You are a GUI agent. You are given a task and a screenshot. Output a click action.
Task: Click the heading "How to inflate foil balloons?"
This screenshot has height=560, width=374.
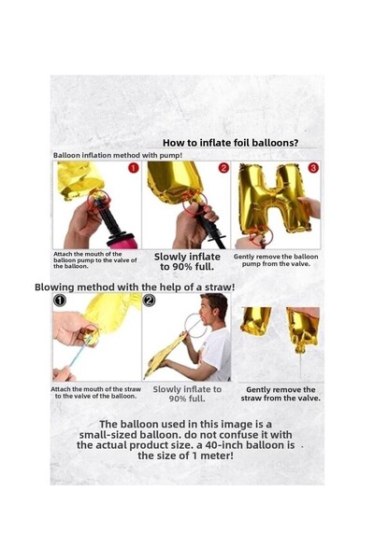coord(231,143)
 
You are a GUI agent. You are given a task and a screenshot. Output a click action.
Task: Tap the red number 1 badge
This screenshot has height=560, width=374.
coord(133,168)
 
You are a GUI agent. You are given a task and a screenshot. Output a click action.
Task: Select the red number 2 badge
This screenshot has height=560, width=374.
coord(223,168)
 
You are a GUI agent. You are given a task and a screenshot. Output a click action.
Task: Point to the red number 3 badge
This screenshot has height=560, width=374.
coord(313,168)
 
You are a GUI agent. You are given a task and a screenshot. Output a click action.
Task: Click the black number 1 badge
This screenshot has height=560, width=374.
coord(60,301)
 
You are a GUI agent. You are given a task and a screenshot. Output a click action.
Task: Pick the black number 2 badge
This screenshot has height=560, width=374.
coord(149,301)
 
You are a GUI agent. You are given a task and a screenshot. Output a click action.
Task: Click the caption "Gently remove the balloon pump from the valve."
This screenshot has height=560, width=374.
coord(276,260)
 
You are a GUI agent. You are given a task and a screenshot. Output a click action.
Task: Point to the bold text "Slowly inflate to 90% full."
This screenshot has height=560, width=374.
coord(187,261)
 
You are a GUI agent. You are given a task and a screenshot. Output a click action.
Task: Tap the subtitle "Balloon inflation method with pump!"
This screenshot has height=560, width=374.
coord(118,155)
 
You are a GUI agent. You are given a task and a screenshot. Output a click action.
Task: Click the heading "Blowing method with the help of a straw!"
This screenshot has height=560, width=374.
coord(135,287)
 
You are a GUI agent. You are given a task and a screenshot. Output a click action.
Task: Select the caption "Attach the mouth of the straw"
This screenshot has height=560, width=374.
coord(96,389)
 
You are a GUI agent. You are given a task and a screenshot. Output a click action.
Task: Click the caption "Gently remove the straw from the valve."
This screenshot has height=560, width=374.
coord(280,394)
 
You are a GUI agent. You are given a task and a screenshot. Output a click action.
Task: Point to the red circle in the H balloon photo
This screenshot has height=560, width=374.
coord(262,236)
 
